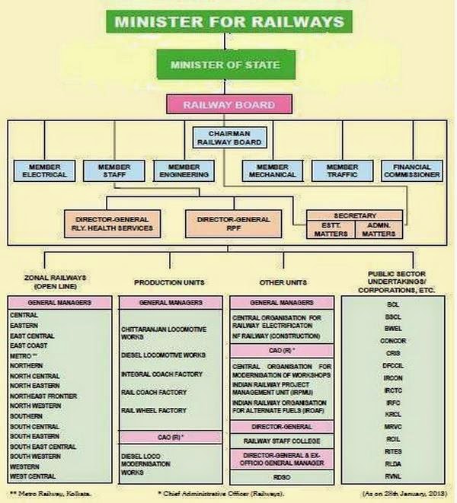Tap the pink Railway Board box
tap(228, 104)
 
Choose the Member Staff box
tap(115, 171)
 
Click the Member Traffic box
tap(341, 171)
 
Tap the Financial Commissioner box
tap(412, 171)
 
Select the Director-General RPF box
tap(228, 222)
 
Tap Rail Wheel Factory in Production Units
tap(153, 410)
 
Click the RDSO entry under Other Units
tap(282, 477)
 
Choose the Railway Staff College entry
tap(281, 441)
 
